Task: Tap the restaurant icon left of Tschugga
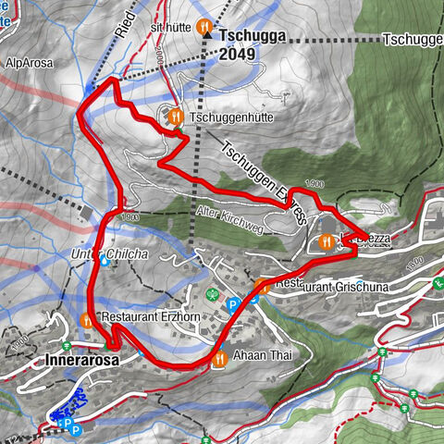[x=203, y=28]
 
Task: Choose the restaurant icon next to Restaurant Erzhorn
[x=86, y=320]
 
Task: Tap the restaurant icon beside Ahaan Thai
[x=219, y=359]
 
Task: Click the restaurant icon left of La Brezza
[x=325, y=242]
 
